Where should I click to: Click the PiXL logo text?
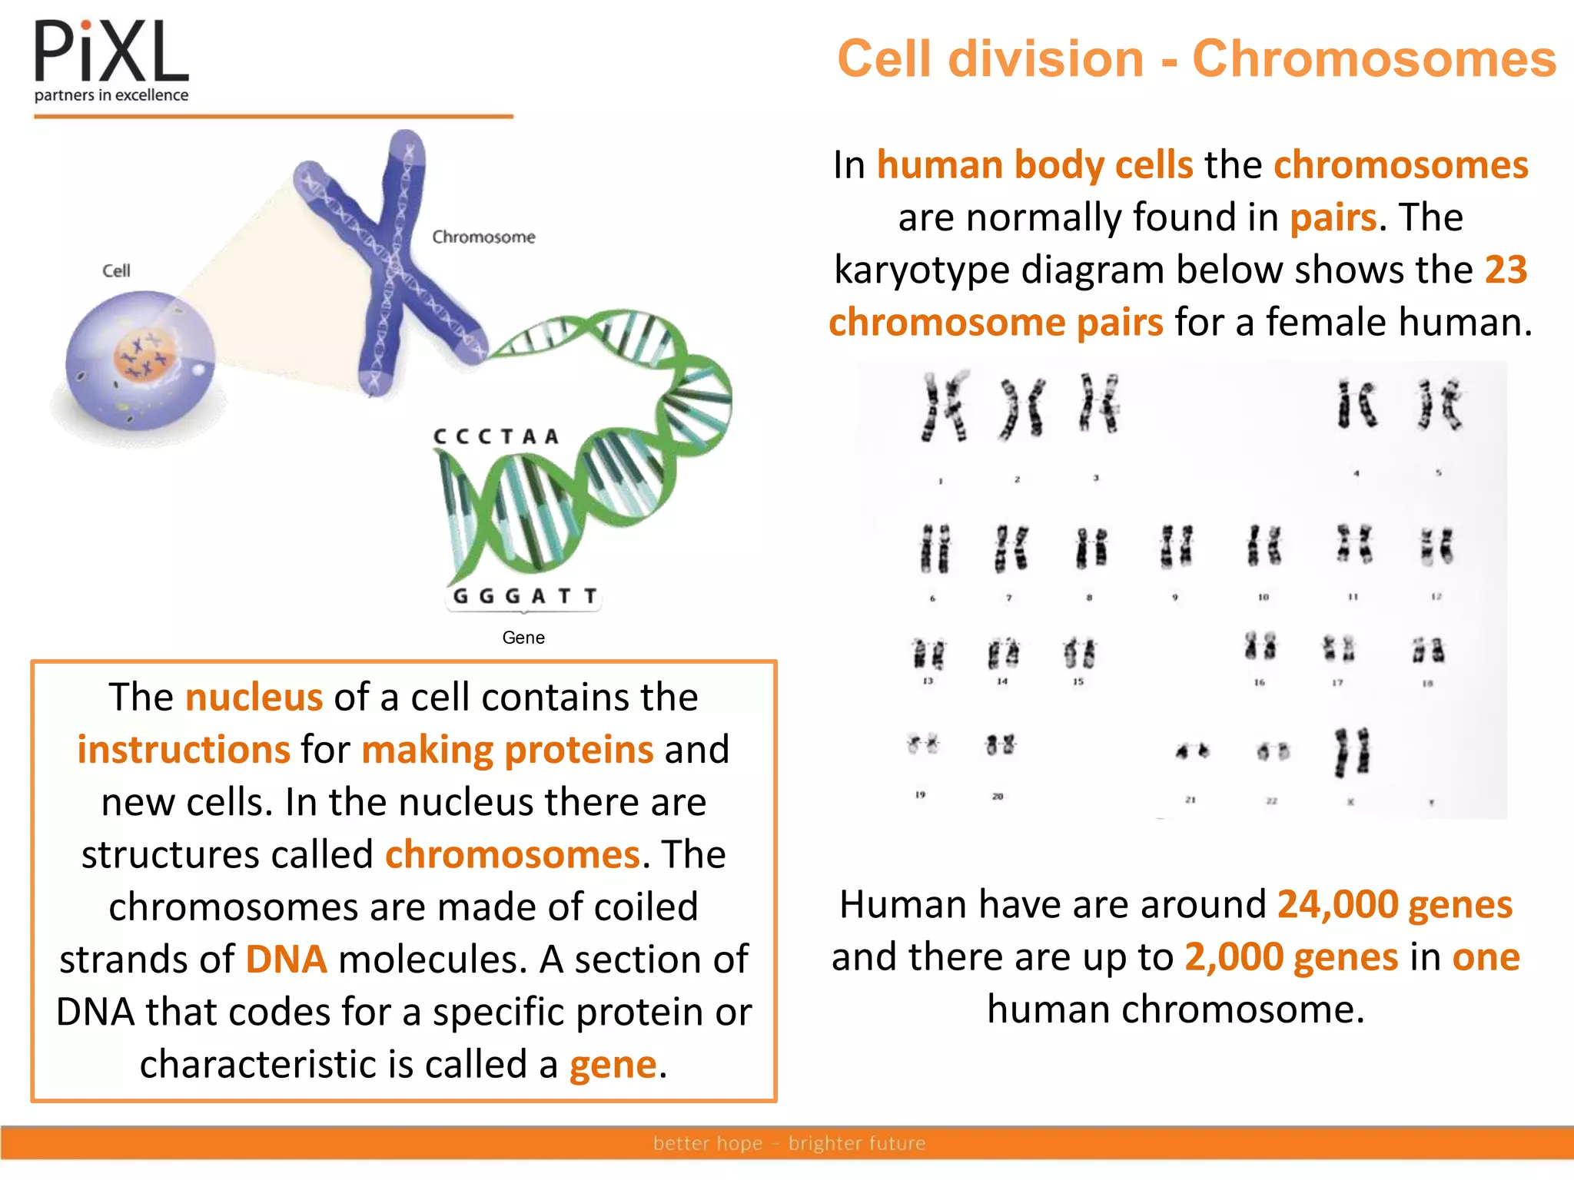click(111, 52)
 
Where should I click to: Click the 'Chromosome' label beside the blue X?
click(483, 237)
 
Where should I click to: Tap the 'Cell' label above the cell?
click(116, 270)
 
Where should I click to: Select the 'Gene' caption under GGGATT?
click(523, 638)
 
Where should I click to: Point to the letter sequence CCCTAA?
click(496, 436)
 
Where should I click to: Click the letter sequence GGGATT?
click(525, 596)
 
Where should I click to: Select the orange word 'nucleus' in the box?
click(254, 698)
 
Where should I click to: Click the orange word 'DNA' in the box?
click(286, 960)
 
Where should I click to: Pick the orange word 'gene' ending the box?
click(613, 1065)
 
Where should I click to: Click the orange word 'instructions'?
click(184, 750)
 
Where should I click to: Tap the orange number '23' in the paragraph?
click(1505, 270)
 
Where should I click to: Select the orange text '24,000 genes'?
click(1394, 904)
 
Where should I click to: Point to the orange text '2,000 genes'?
click(1290, 957)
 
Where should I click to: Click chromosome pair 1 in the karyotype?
click(945, 407)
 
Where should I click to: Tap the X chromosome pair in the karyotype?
click(1352, 751)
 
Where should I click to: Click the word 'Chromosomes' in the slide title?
click(1373, 59)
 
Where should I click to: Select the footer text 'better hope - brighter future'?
click(789, 1143)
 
